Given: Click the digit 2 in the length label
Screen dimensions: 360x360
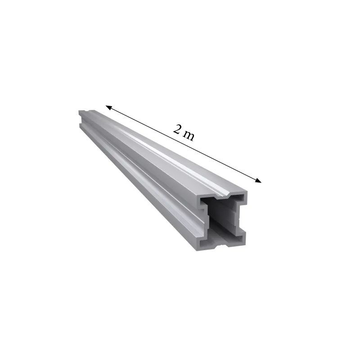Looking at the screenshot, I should [x=178, y=130].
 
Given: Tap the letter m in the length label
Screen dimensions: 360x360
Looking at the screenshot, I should [x=189, y=135].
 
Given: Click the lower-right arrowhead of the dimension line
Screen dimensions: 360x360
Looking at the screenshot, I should [x=258, y=181].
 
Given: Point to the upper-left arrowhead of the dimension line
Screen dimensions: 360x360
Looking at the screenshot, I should [x=108, y=107].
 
